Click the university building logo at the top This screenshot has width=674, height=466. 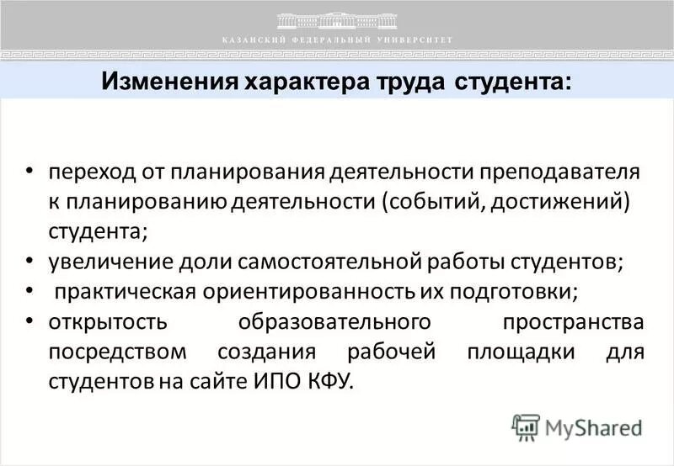pyautogui.click(x=337, y=19)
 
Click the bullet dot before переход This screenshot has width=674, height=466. pyautogui.click(x=29, y=170)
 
